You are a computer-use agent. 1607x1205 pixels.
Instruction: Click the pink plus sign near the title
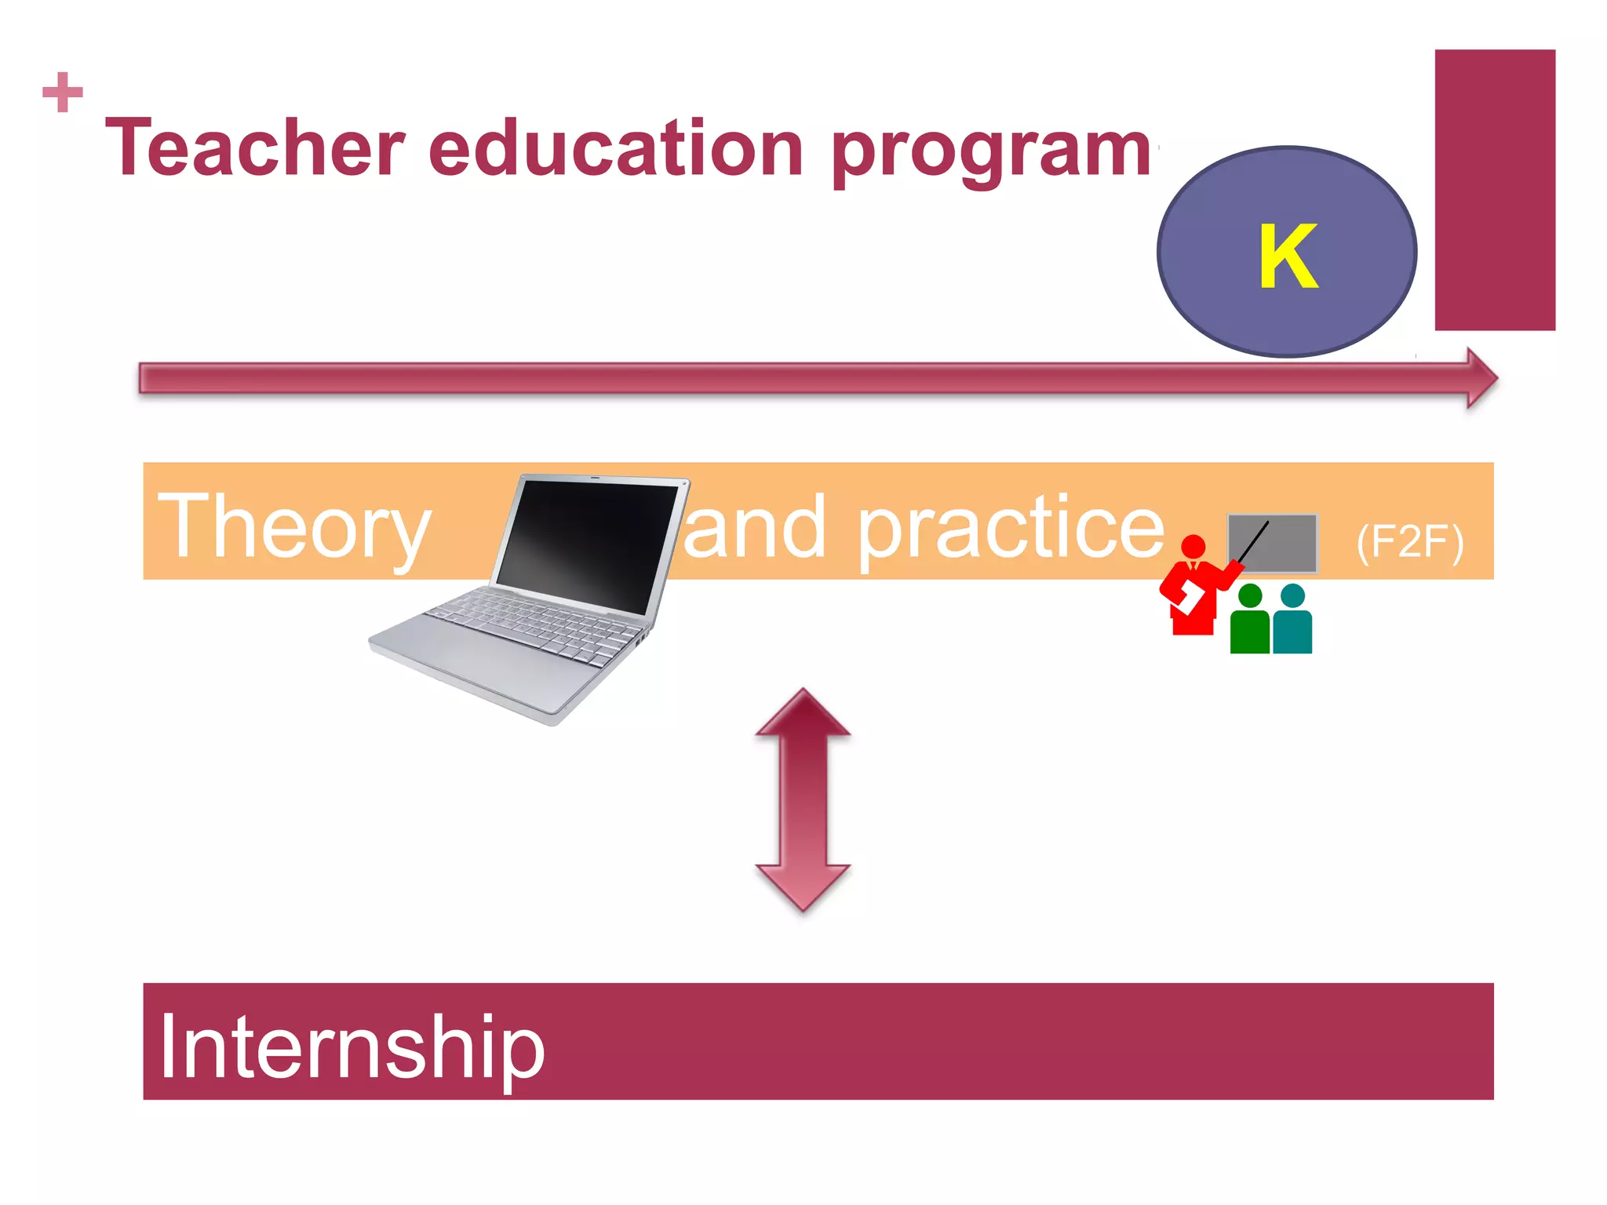click(x=63, y=93)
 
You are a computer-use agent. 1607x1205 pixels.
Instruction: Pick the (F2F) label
click(x=1409, y=541)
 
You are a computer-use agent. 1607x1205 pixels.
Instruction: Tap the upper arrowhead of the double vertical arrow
click(x=803, y=714)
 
